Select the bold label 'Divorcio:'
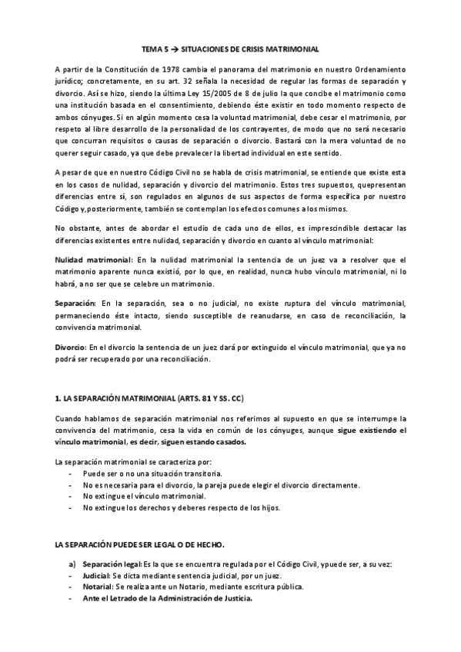pos(71,348)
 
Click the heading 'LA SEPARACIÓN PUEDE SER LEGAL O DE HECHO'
pos(139,544)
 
